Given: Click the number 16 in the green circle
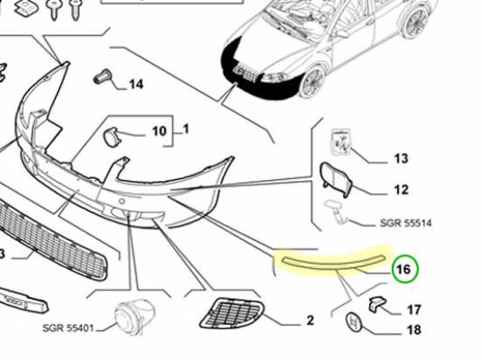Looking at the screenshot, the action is point(403,269).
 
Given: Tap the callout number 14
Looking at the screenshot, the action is point(136,84).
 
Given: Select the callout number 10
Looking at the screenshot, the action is point(159,131).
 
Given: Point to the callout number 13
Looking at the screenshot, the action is point(401,158).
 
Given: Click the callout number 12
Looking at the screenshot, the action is point(401,190).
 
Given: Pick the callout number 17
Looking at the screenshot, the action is point(414,309).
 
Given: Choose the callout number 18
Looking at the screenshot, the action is point(414,330).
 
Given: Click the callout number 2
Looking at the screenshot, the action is point(310,321).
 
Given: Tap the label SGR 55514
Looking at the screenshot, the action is point(406,223).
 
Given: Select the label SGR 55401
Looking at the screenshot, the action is point(68,329).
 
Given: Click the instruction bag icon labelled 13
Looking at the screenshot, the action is point(341,142).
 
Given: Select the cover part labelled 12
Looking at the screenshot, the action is point(336,179).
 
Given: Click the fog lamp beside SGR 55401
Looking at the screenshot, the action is point(135,316).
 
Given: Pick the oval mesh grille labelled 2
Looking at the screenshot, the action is point(232,313).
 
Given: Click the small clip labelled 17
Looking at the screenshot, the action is point(377,304).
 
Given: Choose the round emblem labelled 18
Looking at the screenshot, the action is point(353,322).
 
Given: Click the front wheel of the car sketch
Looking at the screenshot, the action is point(313,82).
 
